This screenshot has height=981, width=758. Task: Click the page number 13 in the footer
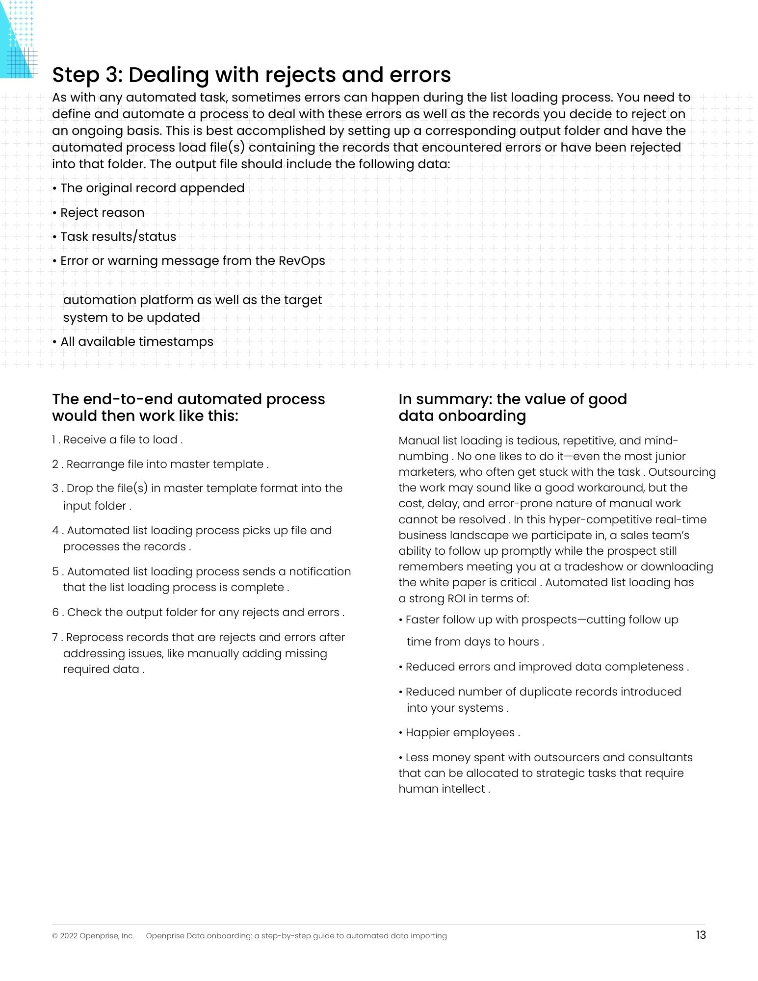[701, 935]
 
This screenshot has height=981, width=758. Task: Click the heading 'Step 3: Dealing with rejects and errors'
[251, 75]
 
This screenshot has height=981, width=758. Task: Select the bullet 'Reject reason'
[102, 212]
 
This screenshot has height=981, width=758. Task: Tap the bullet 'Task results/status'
[118, 236]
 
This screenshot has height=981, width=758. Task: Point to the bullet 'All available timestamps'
[136, 341]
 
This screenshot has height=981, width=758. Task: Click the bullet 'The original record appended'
[152, 188]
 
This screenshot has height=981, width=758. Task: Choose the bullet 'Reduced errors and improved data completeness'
[545, 667]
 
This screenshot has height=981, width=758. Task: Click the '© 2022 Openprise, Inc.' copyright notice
[93, 936]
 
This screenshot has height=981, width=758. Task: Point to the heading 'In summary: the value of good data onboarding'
[512, 407]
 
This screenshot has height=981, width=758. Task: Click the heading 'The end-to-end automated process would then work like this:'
[188, 407]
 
